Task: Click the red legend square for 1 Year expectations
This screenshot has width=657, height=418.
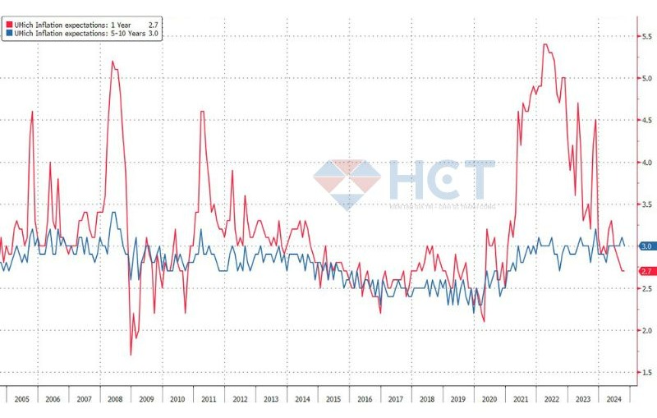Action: coord(7,25)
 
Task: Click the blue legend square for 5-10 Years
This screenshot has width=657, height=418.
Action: coord(7,34)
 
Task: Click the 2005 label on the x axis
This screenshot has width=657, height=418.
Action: coord(22,398)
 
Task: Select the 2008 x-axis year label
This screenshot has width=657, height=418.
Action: coord(114,398)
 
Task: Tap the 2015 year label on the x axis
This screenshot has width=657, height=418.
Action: coord(333,398)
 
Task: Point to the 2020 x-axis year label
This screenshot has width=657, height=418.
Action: coord(488,398)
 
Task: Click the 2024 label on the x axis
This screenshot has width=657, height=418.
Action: coord(612,398)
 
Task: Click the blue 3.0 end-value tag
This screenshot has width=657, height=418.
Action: coord(645,246)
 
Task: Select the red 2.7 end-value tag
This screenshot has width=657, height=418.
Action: coord(645,271)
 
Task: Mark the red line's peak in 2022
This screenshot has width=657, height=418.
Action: coord(545,44)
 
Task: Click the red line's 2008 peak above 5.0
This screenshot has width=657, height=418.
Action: coord(113,61)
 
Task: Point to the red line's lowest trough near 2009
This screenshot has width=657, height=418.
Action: coord(131,354)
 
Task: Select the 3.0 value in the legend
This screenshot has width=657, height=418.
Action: coord(153,34)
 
